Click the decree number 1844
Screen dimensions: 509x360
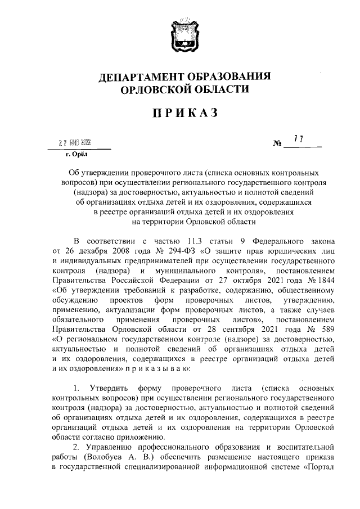pos(325,280)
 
